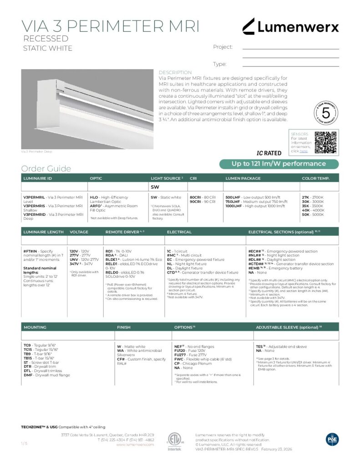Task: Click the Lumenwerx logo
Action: (290, 27)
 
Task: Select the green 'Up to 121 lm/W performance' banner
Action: (279, 164)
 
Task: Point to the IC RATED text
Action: (269, 153)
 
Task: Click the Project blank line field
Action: (290, 47)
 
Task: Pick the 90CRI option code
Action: (195, 202)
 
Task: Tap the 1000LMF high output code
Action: (235, 206)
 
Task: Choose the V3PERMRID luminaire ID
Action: (35, 214)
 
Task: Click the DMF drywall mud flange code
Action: (28, 375)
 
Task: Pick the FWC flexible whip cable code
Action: (178, 359)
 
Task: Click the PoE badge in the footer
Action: (332, 439)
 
